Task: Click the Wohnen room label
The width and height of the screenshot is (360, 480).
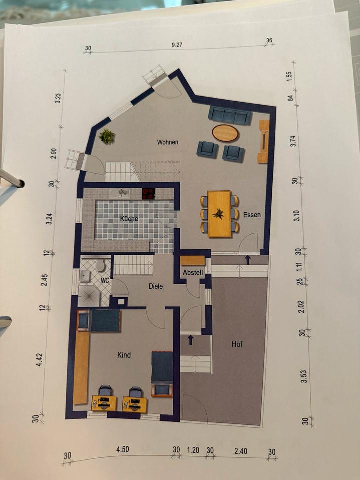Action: [x=168, y=142]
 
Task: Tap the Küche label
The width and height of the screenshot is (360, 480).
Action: [x=129, y=219]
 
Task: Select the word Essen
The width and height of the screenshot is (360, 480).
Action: [x=252, y=215]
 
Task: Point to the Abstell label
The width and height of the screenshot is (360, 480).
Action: [x=193, y=273]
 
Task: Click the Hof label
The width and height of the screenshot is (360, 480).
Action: [x=237, y=344]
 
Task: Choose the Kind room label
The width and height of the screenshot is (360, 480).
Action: [x=124, y=355]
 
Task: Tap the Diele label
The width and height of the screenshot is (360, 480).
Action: [x=156, y=286]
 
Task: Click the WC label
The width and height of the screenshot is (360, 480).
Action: [x=105, y=280]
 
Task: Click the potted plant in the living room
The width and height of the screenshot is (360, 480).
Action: [x=107, y=137]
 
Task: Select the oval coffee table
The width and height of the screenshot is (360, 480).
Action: [x=225, y=133]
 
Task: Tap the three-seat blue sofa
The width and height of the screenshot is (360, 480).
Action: [x=230, y=115]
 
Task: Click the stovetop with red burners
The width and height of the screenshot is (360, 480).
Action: [x=148, y=194]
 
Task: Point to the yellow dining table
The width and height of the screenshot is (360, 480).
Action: [x=219, y=214]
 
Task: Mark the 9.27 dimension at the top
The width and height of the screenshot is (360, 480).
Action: [x=177, y=45]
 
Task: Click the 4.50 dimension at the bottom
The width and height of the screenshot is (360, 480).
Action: [x=122, y=449]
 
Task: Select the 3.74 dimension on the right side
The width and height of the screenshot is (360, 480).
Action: [x=294, y=141]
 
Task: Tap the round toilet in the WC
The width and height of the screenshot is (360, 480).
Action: [x=100, y=265]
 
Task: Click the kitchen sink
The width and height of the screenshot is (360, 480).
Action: [x=123, y=193]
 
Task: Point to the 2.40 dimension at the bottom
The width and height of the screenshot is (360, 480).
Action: [x=241, y=451]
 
